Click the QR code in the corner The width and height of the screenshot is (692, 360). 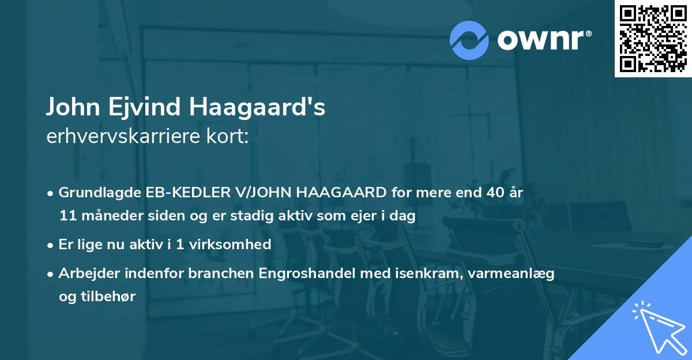(653, 39)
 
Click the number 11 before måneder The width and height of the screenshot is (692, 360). (67, 216)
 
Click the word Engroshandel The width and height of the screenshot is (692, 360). (317, 273)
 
